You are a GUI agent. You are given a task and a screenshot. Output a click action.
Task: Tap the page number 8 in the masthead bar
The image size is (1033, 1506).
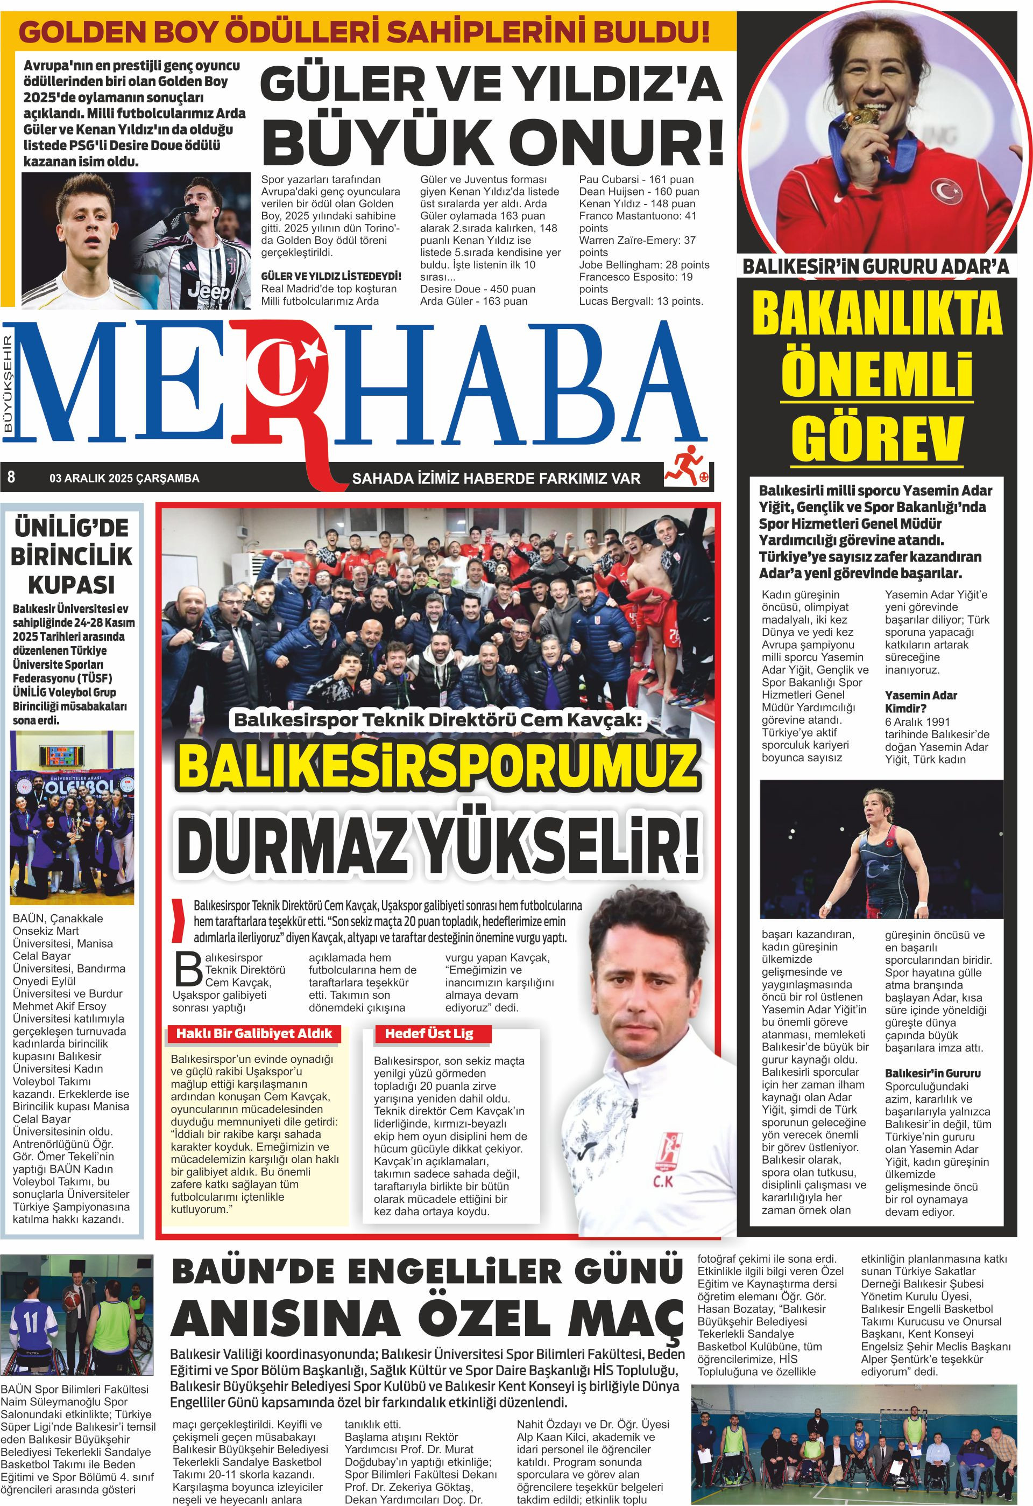pos(11,478)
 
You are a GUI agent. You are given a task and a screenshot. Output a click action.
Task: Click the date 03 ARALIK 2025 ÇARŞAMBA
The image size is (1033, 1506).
pos(124,478)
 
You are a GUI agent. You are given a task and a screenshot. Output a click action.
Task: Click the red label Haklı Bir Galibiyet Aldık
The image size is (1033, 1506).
pos(254,1034)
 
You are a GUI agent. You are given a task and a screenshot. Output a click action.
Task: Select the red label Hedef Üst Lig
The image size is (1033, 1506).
pos(429,1034)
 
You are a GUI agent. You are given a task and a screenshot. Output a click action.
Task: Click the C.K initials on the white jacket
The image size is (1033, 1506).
pos(662,1181)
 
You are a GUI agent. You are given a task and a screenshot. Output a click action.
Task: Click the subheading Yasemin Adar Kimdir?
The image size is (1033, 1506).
pos(921,702)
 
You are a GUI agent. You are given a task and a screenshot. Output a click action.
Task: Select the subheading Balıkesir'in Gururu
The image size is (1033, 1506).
pos(932,1073)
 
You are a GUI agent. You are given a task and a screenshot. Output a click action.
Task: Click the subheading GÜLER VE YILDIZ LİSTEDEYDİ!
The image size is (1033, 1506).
pos(331,276)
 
